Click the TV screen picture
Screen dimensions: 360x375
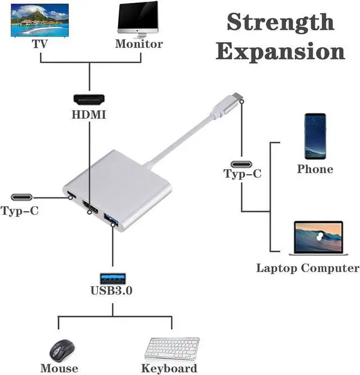pos(40,21)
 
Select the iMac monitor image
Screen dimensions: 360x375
pos(138,20)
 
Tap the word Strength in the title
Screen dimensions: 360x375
pos(280,22)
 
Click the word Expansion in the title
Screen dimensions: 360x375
pos(280,51)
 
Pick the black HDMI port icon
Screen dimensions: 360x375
pos(89,100)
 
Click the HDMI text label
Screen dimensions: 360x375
pos(89,115)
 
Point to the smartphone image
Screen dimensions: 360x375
pos(315,136)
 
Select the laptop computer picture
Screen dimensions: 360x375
pos(318,238)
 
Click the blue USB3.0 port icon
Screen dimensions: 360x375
pos(112,278)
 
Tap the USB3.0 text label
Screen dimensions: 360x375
pos(111,291)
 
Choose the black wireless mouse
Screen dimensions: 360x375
pos(62,351)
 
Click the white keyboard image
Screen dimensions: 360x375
pos(172,349)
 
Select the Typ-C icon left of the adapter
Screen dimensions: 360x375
pos(22,197)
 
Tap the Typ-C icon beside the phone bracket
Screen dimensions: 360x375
pos(241,165)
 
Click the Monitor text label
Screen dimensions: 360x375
pos(139,44)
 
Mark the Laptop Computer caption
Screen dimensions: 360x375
pos(308,268)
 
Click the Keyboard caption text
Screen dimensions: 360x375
pos(169,368)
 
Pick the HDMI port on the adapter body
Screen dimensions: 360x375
pos(91,207)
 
